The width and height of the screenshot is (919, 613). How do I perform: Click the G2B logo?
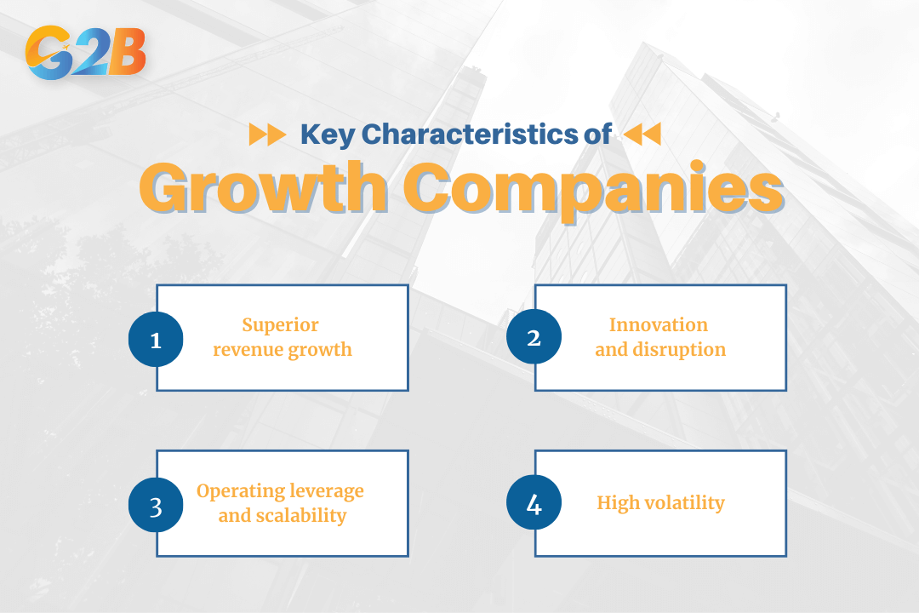[x=86, y=52]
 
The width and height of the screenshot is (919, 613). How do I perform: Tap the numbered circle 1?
[x=156, y=339]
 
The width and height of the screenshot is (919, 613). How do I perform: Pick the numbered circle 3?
[x=156, y=505]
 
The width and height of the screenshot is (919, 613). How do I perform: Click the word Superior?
[x=280, y=325]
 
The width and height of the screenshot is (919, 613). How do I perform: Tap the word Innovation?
[x=659, y=325]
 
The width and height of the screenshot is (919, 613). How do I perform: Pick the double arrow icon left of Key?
[x=266, y=135]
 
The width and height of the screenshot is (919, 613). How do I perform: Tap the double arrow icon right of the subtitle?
[x=642, y=135]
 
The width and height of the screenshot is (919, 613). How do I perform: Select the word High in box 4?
[x=616, y=503]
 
